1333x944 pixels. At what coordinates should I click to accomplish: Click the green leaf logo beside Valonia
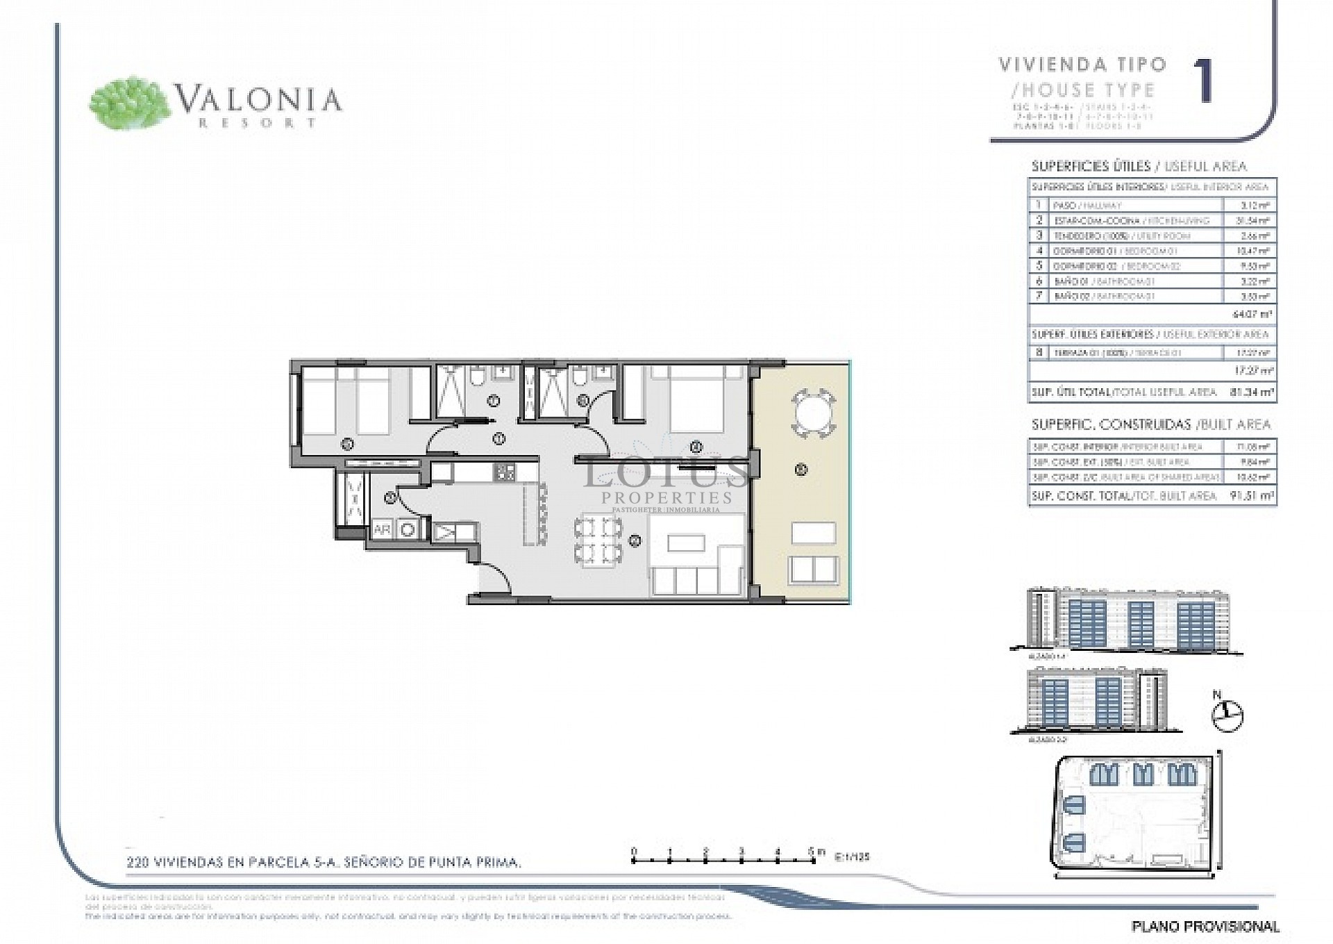130,103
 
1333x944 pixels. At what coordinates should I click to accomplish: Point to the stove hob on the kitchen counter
504,473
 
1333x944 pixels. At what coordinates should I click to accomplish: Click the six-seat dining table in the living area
596,540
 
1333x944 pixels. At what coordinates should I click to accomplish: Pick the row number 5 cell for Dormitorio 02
1039,266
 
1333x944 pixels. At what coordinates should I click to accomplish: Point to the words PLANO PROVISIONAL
1205,926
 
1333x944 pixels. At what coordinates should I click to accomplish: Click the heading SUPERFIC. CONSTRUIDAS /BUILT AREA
1150,424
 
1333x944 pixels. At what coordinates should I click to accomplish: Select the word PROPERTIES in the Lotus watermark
666,497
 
